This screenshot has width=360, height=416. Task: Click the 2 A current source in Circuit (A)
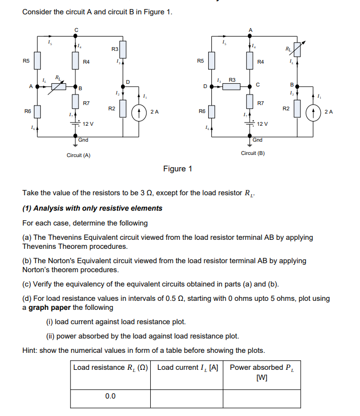pyautogui.click(x=139, y=112)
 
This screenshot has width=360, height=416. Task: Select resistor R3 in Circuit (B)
pyautogui.click(x=232, y=86)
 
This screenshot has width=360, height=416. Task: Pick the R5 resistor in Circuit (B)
pyautogui.click(x=211, y=62)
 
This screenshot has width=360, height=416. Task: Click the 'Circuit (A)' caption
pyautogui.click(x=79, y=155)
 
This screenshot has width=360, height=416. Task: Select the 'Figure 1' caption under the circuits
pyautogui.click(x=178, y=169)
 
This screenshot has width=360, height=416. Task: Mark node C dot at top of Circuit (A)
pyautogui.click(x=75, y=36)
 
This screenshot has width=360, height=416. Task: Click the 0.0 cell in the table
pyautogui.click(x=110, y=396)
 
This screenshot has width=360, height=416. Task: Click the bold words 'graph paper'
pyautogui.click(x=49, y=308)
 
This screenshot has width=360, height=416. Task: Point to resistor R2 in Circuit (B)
pyautogui.click(x=298, y=108)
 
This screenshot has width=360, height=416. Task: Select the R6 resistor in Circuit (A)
pyautogui.click(x=37, y=112)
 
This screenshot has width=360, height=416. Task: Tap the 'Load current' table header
pyautogui.click(x=187, y=367)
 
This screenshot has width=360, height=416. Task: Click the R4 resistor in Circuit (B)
pyautogui.click(x=248, y=62)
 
